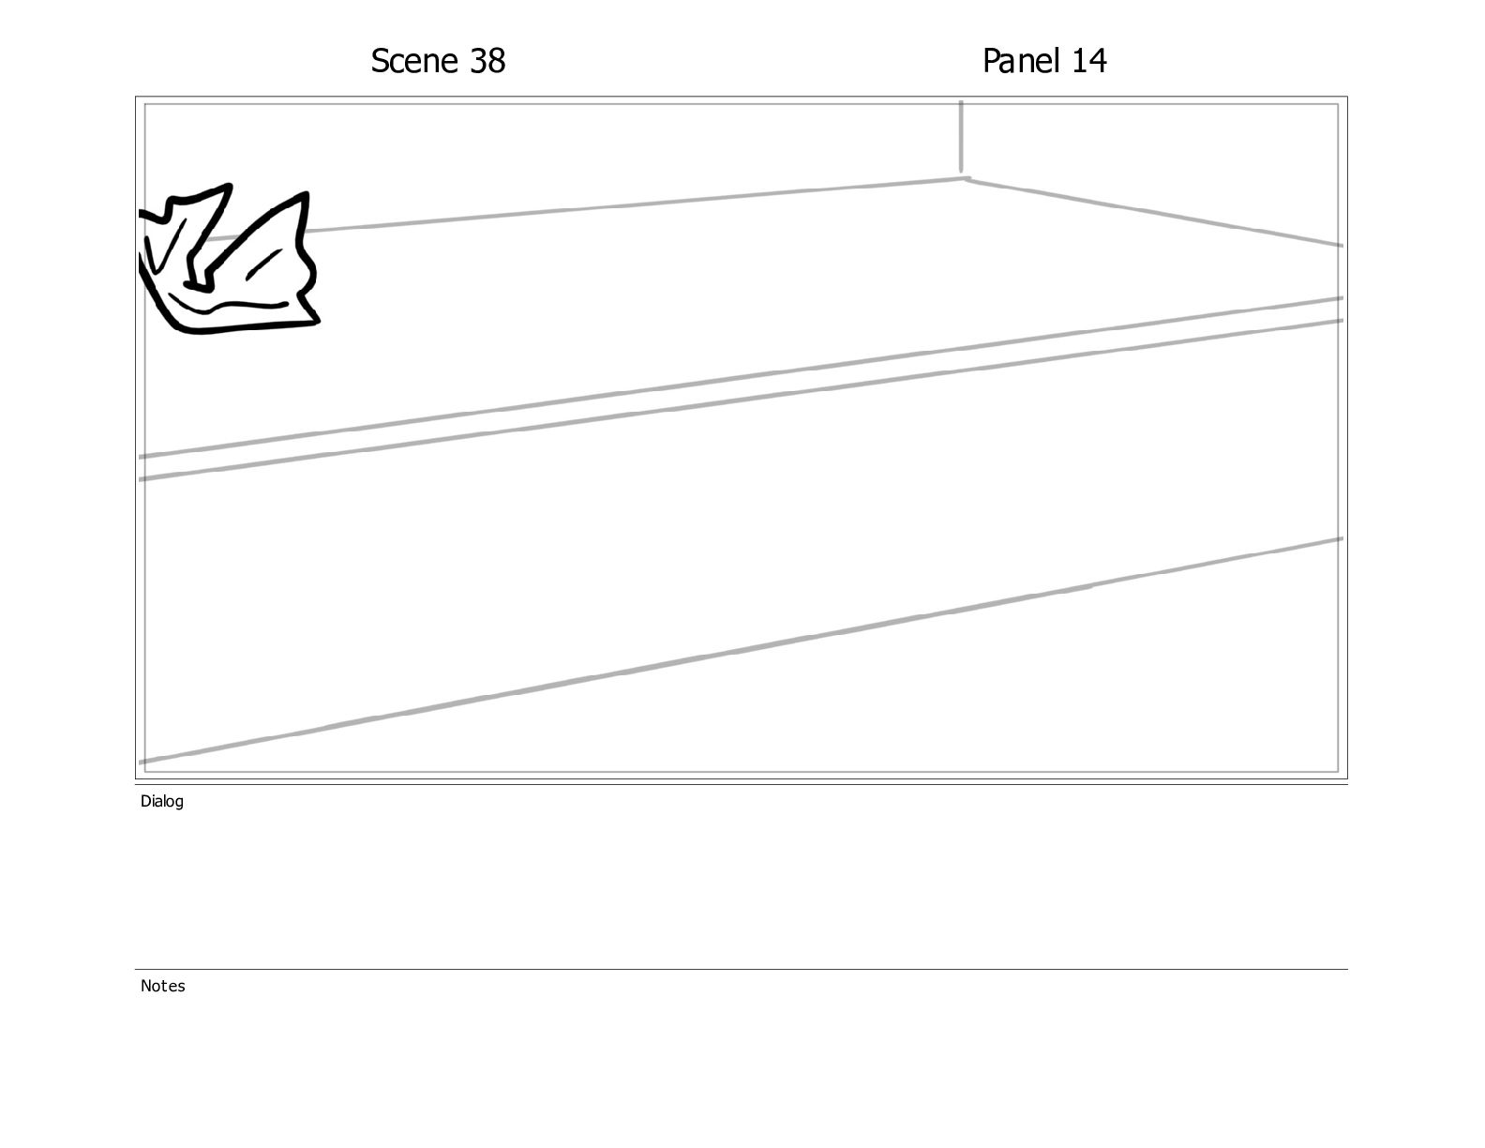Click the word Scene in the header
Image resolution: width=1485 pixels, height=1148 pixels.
pos(414,61)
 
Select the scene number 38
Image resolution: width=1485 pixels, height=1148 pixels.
pos(487,61)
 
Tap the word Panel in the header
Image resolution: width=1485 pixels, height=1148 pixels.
pos(1021,61)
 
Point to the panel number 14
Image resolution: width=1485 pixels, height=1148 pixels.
pos(1088,61)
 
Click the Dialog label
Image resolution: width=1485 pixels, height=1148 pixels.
pos(162,801)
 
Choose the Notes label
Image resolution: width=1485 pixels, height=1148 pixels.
pos(162,986)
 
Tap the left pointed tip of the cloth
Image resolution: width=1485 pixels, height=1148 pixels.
pos(230,186)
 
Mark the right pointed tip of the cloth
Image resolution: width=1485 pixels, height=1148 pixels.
pos(307,194)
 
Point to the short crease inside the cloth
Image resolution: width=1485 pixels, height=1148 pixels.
pos(263,264)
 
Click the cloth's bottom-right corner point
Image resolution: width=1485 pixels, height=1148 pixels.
pos(318,322)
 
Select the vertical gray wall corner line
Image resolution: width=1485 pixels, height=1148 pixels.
pos(961,138)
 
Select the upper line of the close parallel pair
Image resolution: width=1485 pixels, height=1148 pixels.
pos(741,377)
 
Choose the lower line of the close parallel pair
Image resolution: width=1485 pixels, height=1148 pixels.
pos(741,400)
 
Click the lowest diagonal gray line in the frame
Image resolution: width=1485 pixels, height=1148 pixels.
pos(741,650)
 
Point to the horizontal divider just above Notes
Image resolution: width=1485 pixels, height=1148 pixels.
pos(742,969)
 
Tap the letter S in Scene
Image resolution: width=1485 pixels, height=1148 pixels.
pos(380,61)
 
